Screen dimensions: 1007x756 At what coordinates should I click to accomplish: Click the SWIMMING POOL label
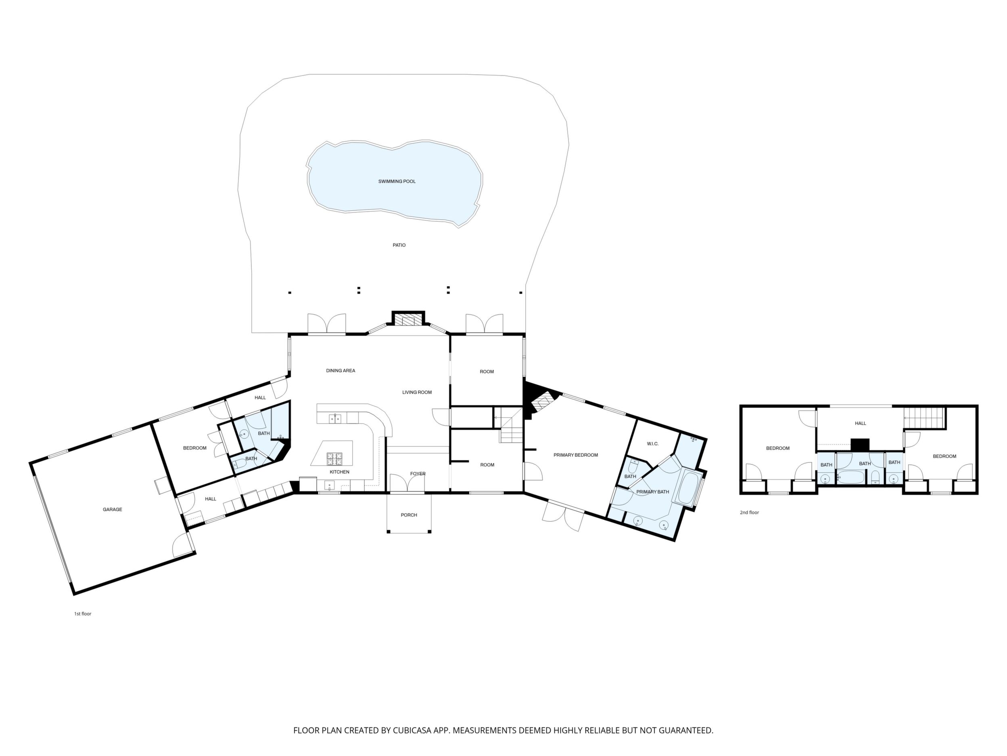[x=397, y=181]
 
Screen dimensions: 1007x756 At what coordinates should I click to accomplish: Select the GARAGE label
[x=113, y=510]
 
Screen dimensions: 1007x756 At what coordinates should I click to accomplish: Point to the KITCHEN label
[x=340, y=472]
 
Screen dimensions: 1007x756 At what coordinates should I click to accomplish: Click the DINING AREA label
[x=341, y=370]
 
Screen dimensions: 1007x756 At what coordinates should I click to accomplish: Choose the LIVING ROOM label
[x=417, y=393]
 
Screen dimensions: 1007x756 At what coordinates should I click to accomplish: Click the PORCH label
[x=409, y=515]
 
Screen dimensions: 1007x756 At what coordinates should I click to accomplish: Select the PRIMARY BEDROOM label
[x=576, y=455]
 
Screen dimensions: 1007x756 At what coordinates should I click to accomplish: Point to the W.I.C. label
[x=652, y=444]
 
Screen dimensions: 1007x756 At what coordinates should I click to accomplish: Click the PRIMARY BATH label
[x=653, y=492]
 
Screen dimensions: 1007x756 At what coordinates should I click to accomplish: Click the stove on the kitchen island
[x=334, y=457]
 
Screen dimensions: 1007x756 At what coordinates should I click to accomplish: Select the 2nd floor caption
[x=749, y=512]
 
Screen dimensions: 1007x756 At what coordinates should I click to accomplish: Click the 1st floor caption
[x=83, y=614]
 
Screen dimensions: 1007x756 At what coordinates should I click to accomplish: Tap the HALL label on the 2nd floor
[x=861, y=423]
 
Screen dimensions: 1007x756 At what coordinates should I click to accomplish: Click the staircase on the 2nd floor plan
[x=924, y=418]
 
